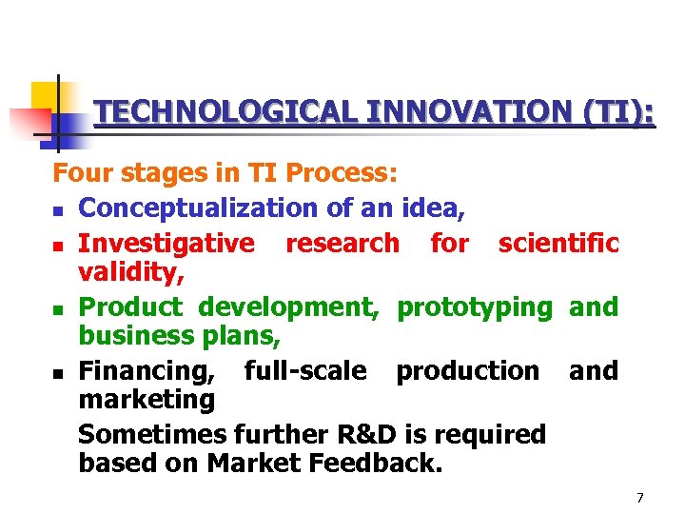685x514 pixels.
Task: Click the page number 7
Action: (x=640, y=498)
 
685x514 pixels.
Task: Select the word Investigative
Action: (x=166, y=244)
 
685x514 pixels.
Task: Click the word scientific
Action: (x=558, y=244)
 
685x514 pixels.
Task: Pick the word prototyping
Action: (x=474, y=307)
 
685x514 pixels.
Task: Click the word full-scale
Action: (x=305, y=371)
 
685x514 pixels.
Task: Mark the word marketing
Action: (x=147, y=400)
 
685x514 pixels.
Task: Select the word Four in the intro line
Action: (x=79, y=174)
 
